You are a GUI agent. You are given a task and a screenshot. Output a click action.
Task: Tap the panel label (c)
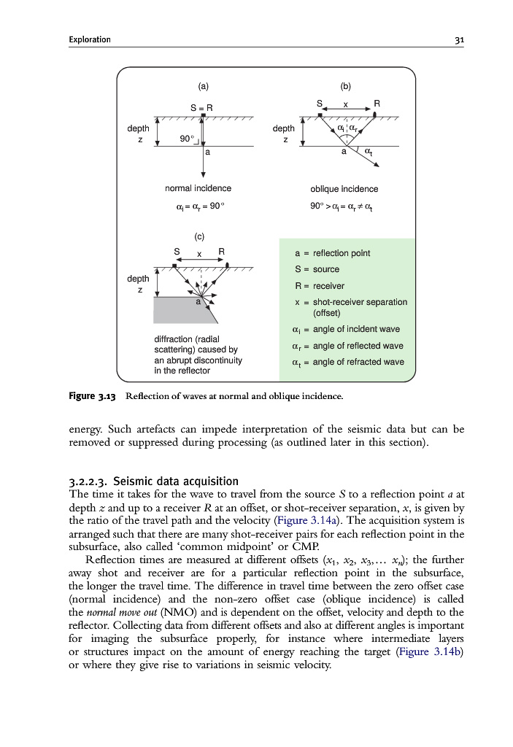[x=199, y=236]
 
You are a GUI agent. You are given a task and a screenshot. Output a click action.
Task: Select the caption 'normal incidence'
[x=198, y=188]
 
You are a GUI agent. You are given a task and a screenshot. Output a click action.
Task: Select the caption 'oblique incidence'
[x=344, y=189]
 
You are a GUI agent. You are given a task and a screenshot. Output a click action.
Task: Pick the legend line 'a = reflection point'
[x=332, y=253]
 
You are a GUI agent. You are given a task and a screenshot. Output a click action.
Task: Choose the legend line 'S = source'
[x=317, y=269]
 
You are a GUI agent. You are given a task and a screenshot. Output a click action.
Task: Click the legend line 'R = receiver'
[x=320, y=286]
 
